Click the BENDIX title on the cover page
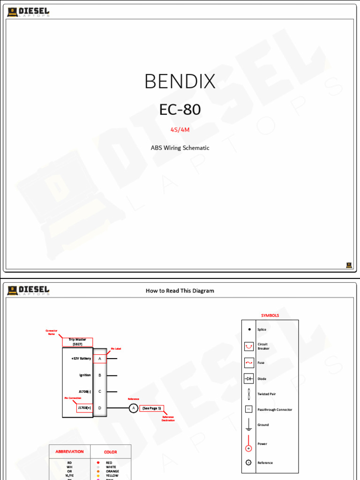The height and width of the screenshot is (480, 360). (x=180, y=82)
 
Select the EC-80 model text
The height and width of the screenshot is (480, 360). (x=180, y=110)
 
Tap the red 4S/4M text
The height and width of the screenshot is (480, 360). (x=180, y=129)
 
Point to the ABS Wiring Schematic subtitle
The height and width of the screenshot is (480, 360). (x=180, y=148)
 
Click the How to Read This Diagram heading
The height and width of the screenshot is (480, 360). (x=180, y=291)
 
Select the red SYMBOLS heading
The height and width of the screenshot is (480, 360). (x=270, y=315)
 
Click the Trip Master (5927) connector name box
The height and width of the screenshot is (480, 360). (x=77, y=342)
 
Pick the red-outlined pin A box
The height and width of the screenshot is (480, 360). (x=100, y=359)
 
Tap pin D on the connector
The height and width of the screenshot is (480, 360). (x=100, y=408)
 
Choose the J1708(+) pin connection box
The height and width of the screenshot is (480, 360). (x=85, y=408)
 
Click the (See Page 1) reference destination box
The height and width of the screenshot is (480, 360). (x=152, y=408)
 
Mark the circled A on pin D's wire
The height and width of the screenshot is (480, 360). (x=133, y=408)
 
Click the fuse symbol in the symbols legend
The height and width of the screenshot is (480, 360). (x=249, y=363)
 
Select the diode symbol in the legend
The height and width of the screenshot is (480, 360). (x=249, y=379)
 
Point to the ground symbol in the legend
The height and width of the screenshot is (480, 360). (x=249, y=425)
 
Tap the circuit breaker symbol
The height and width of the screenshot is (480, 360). (x=249, y=346)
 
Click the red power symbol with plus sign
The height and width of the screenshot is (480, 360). (x=249, y=448)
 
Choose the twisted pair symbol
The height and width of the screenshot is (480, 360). (x=249, y=394)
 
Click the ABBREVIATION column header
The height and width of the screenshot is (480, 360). (x=69, y=452)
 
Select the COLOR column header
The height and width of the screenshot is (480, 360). (x=111, y=452)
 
